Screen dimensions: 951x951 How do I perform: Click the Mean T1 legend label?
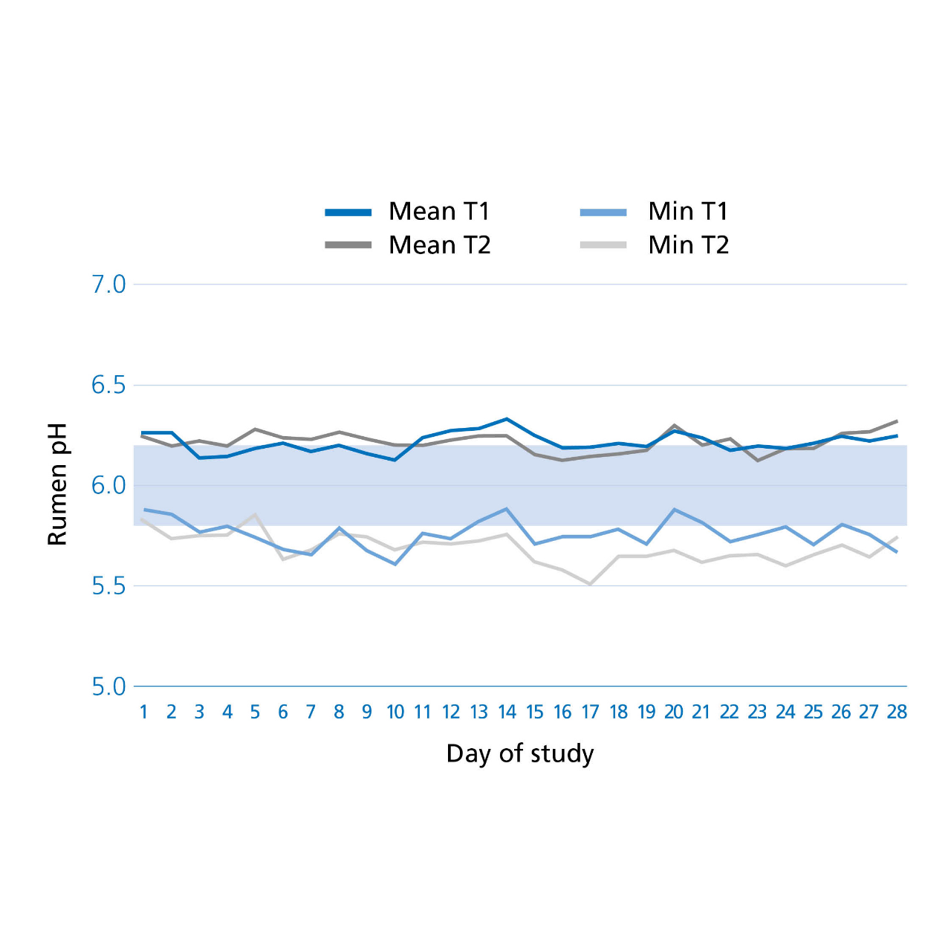pyautogui.click(x=439, y=211)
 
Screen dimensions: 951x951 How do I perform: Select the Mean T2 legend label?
pyautogui.click(x=440, y=244)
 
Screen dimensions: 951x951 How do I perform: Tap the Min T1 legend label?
pyautogui.click(x=688, y=211)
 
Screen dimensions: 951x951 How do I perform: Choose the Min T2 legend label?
pyautogui.click(x=689, y=244)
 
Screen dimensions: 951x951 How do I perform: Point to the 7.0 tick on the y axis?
pyautogui.click(x=108, y=285)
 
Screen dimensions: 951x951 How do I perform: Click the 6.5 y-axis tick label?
pyautogui.click(x=108, y=386)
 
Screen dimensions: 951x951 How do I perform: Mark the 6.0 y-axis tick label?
pyautogui.click(x=108, y=486)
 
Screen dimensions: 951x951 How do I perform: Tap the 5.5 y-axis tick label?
pyautogui.click(x=108, y=587)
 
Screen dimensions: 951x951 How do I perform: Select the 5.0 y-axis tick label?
pyautogui.click(x=108, y=687)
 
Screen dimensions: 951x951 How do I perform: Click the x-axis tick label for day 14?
pyautogui.click(x=507, y=713)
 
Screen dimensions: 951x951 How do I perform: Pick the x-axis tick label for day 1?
pyautogui.click(x=143, y=713)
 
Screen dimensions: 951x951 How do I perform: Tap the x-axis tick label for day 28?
pyautogui.click(x=897, y=713)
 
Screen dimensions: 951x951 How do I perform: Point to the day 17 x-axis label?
pyautogui.click(x=590, y=713)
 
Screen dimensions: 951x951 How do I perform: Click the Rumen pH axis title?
pyautogui.click(x=56, y=484)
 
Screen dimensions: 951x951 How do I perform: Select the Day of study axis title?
pyautogui.click(x=519, y=755)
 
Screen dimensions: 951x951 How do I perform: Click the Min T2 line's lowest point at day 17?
pyautogui.click(x=590, y=584)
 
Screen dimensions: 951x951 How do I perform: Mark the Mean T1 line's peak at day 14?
pyautogui.click(x=507, y=419)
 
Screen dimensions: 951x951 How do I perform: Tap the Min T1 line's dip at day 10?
pyautogui.click(x=395, y=564)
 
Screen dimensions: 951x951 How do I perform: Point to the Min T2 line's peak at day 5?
pyautogui.click(x=255, y=513)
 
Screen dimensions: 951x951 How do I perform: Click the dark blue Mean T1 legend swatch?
pyautogui.click(x=348, y=212)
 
